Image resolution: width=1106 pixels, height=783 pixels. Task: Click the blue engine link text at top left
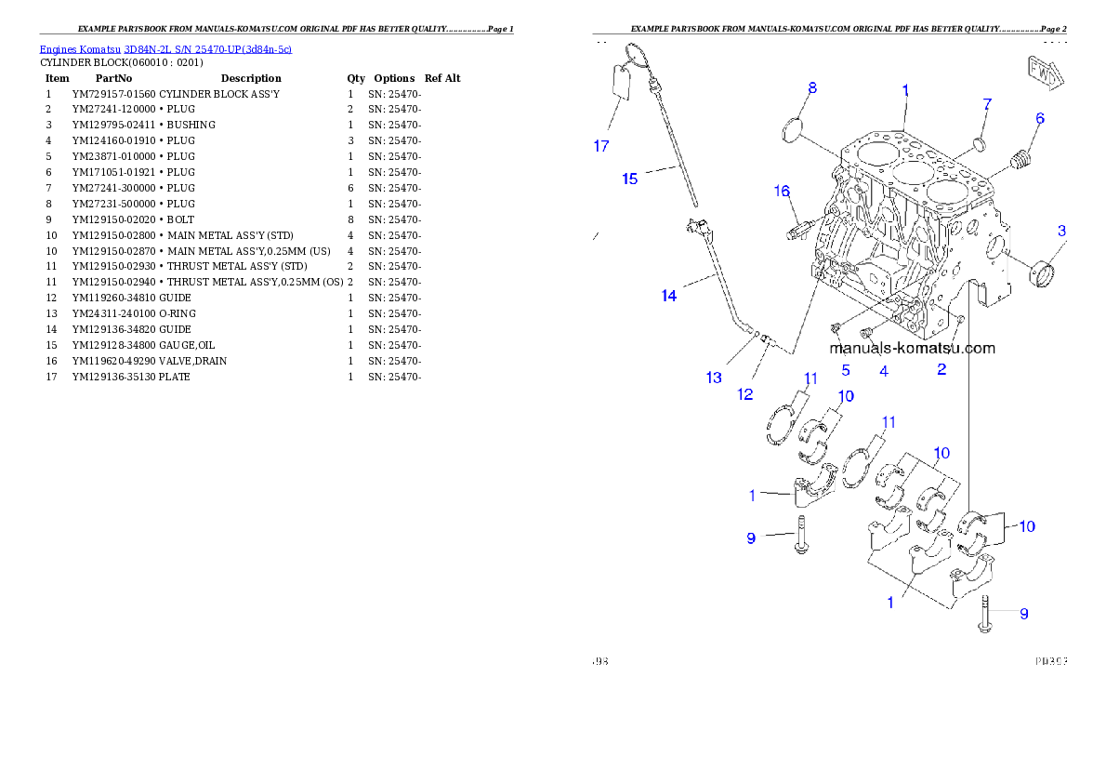[165, 49]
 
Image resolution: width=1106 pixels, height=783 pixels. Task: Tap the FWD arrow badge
[1044, 74]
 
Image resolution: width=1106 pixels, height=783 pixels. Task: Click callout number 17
[601, 145]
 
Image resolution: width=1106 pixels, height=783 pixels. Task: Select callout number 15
[630, 179]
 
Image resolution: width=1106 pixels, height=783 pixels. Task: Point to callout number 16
[782, 192]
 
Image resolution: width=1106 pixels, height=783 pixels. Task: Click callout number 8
[812, 88]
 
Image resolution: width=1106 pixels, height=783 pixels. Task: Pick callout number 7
[987, 103]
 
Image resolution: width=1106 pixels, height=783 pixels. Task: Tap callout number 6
[1040, 118]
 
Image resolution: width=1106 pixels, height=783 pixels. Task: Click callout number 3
[1061, 230]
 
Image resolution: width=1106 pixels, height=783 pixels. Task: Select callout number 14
[668, 296]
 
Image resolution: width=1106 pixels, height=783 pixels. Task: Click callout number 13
[714, 378]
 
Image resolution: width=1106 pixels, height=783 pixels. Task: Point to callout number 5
[846, 369]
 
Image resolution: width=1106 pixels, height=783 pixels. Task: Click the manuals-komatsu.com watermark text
[912, 349]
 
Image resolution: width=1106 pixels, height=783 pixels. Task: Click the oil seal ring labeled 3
[1041, 275]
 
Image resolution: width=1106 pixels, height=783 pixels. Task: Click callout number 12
[745, 394]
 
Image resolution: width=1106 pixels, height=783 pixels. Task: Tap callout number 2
[941, 369]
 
